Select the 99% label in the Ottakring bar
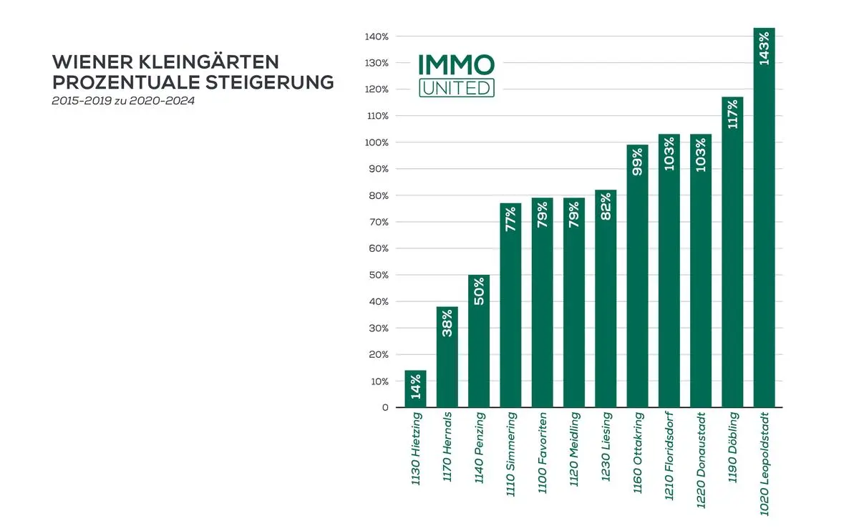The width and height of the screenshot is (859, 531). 637,161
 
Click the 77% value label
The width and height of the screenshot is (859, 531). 510,219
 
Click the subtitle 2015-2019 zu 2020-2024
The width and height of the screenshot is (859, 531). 123,102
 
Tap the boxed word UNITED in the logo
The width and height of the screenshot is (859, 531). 456,87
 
